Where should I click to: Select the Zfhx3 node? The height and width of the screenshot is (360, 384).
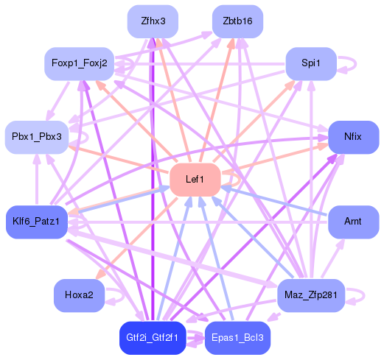153,21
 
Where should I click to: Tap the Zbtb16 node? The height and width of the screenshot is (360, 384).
237,21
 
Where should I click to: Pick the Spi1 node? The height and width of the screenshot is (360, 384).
311,63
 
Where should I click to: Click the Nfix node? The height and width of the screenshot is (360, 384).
353,137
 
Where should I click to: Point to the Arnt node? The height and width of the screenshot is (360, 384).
353,222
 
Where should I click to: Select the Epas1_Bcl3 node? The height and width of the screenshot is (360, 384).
237,338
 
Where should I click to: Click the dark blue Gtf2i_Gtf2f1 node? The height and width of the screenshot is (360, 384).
153,338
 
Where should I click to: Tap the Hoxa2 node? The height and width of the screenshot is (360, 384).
79,295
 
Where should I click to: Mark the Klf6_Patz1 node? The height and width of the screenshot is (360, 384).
36,222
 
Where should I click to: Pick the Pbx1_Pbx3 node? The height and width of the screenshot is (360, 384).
36,137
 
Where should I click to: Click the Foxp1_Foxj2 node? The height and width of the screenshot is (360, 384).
79,63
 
